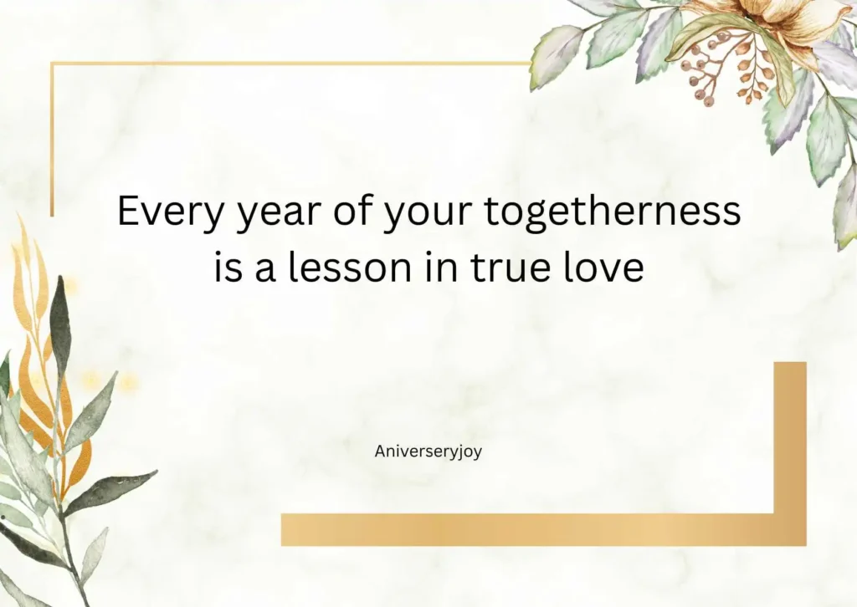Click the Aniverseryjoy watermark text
[x=428, y=451]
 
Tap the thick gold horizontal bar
[x=527, y=529]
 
